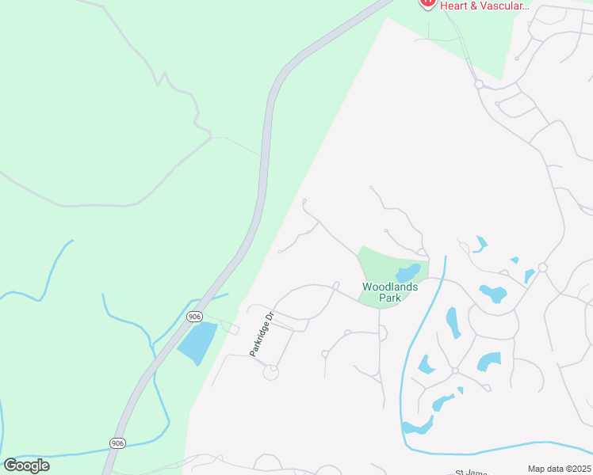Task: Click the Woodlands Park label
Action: pyautogui.click(x=389, y=292)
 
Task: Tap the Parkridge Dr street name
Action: pyautogui.click(x=261, y=333)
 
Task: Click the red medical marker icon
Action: pyautogui.click(x=428, y=3)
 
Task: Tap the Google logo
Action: pyautogui.click(x=26, y=465)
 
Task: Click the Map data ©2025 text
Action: pyautogui.click(x=559, y=469)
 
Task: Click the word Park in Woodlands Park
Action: pyautogui.click(x=389, y=298)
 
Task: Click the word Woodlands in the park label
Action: pyautogui.click(x=389, y=287)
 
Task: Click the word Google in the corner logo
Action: pyautogui.click(x=26, y=465)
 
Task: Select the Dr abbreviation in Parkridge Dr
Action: pyautogui.click(x=269, y=316)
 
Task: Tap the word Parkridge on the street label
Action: pyautogui.click(x=258, y=340)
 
